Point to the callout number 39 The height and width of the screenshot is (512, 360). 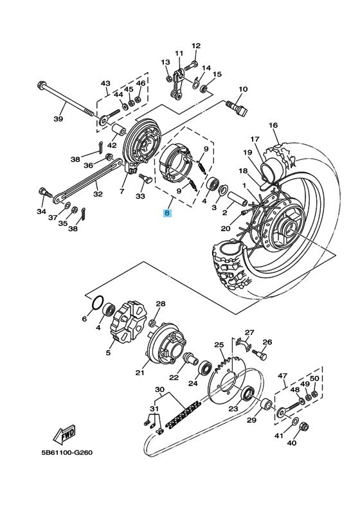[x=58, y=119]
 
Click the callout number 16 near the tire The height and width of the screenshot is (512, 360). [x=273, y=125]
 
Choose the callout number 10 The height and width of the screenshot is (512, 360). [x=243, y=89]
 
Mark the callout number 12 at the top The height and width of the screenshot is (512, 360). [x=196, y=46]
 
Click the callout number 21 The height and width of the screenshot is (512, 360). [x=139, y=372]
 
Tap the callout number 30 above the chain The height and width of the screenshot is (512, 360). [x=159, y=389]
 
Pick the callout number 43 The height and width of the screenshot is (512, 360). [x=105, y=84]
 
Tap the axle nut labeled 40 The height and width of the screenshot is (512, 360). [x=304, y=425]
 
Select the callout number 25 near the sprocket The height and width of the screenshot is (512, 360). [x=219, y=344]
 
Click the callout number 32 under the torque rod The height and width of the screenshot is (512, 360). [x=98, y=193]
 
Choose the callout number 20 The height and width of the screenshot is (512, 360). [x=225, y=228]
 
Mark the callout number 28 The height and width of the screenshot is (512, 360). [x=161, y=304]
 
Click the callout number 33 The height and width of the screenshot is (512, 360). [x=141, y=198]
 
